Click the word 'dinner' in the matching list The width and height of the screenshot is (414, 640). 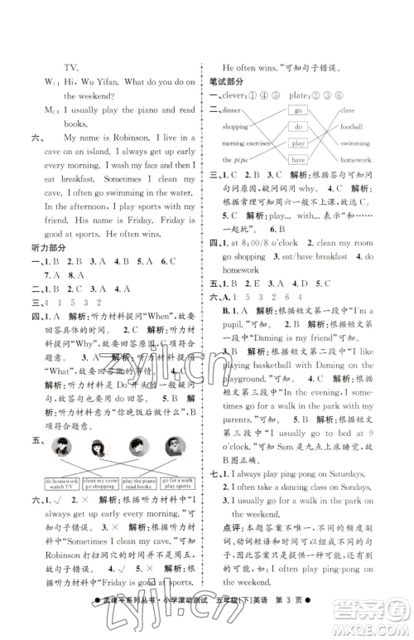click(x=232, y=110)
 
